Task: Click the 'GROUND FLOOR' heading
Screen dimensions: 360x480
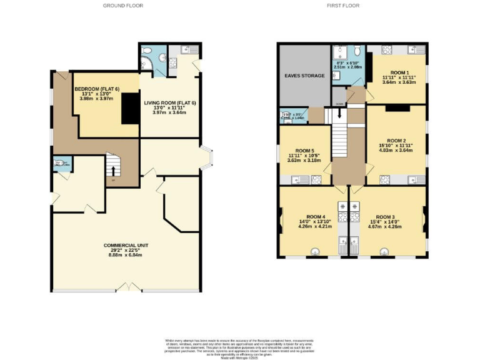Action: coord(124,6)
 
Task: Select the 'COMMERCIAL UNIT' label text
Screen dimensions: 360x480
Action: coord(126,245)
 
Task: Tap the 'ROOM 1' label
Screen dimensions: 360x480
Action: coord(398,72)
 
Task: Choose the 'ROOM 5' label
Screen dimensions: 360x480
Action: coord(304,150)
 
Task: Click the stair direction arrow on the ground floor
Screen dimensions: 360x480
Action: coord(113,169)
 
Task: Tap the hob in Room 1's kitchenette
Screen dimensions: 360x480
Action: coord(386,50)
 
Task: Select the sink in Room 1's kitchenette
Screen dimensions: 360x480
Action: coord(414,50)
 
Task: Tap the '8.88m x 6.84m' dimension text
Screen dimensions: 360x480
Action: coord(126,255)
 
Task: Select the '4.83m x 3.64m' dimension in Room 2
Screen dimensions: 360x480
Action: coord(396,150)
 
